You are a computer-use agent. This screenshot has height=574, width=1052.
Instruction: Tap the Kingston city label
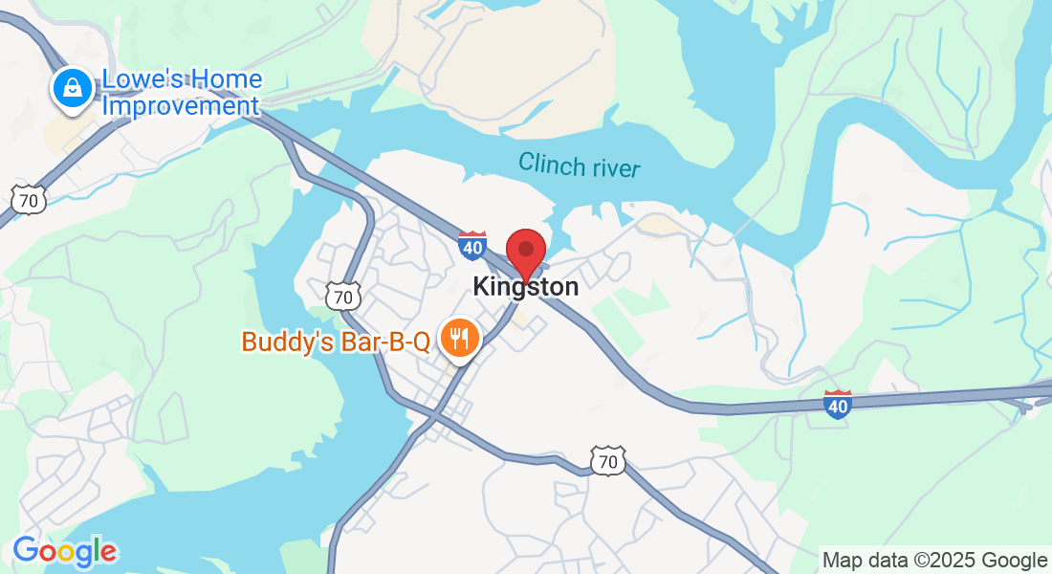click(525, 286)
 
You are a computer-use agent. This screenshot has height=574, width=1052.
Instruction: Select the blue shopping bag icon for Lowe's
click(71, 89)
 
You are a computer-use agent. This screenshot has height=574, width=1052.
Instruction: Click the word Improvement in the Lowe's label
click(181, 105)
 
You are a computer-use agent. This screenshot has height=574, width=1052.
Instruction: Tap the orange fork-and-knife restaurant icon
click(459, 339)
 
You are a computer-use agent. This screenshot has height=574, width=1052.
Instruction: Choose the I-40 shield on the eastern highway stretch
click(837, 405)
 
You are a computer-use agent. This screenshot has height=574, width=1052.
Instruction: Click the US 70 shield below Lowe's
click(29, 199)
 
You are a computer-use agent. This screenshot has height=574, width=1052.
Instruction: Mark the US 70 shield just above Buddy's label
click(343, 296)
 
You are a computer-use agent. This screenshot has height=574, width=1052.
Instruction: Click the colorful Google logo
click(65, 551)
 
